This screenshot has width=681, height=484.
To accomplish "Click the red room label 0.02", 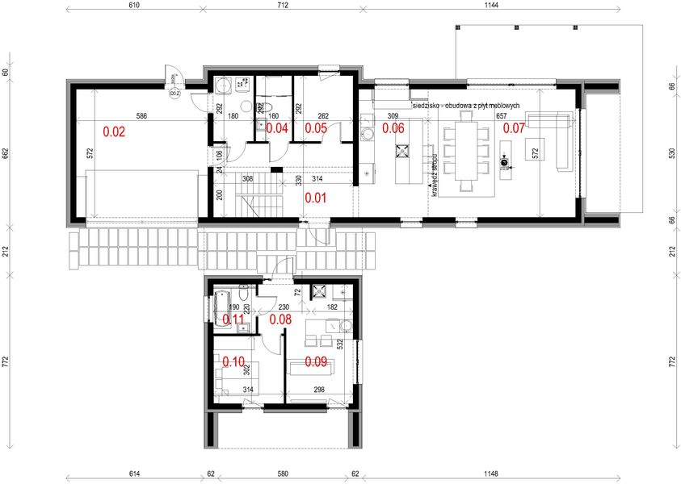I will (x=114, y=131).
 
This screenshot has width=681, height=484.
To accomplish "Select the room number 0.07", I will (x=515, y=127).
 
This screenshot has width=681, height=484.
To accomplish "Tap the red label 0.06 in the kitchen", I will (x=393, y=127).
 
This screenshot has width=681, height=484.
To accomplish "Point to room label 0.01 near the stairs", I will (x=314, y=197).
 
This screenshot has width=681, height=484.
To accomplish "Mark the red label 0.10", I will (x=233, y=362).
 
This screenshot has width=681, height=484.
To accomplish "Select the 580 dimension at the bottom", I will (x=283, y=474).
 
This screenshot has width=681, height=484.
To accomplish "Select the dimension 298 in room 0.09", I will (x=321, y=390).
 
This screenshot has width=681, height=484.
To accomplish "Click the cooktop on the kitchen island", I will (x=401, y=150).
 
